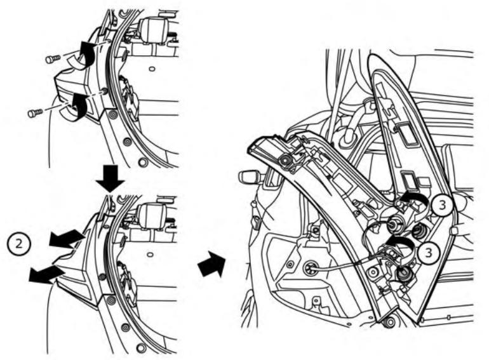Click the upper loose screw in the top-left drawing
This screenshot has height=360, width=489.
(53, 59)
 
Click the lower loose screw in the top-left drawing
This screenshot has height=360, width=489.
(35, 113)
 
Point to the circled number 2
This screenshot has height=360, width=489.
(18, 243)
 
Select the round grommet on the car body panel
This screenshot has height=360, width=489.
(312, 269)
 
